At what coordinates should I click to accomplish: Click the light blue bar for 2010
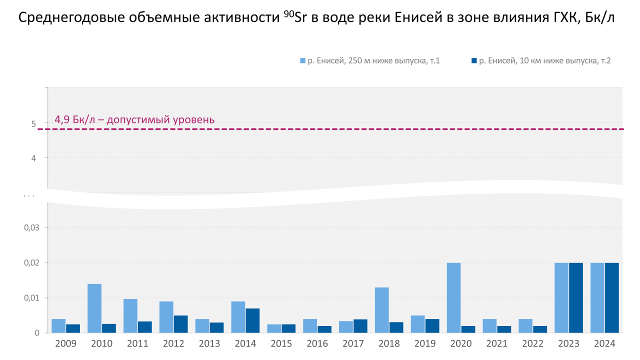click(x=94, y=308)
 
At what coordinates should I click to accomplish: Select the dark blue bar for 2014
click(x=252, y=320)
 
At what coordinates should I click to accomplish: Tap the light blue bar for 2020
click(x=453, y=297)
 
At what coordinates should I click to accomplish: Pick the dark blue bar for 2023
click(x=576, y=297)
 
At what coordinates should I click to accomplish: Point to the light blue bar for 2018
click(x=381, y=310)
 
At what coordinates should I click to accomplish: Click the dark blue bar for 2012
click(x=180, y=324)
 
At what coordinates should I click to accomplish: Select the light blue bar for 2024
click(x=597, y=297)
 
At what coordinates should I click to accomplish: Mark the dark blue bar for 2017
click(x=360, y=326)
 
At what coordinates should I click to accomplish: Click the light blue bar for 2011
click(x=130, y=315)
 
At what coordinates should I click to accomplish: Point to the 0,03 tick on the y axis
click(x=31, y=228)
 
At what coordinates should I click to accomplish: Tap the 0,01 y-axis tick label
click(x=31, y=298)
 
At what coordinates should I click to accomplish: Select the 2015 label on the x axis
click(x=281, y=344)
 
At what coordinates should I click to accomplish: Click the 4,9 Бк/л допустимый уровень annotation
click(x=134, y=120)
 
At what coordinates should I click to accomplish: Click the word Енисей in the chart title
click(x=418, y=18)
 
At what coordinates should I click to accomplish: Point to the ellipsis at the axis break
click(x=28, y=195)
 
